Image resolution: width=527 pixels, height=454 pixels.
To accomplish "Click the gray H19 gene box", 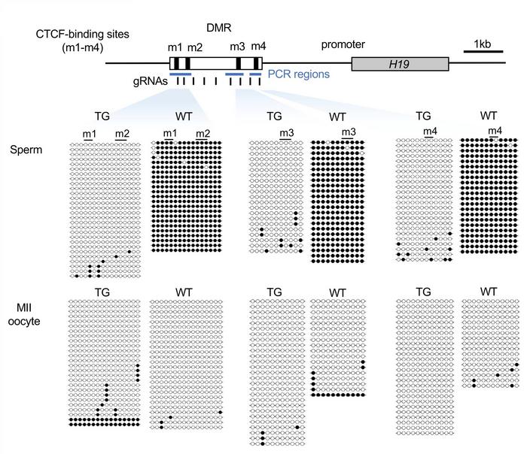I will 400,65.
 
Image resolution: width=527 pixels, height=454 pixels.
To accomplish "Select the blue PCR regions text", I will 299,75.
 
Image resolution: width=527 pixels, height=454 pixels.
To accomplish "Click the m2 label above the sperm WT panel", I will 202,133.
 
